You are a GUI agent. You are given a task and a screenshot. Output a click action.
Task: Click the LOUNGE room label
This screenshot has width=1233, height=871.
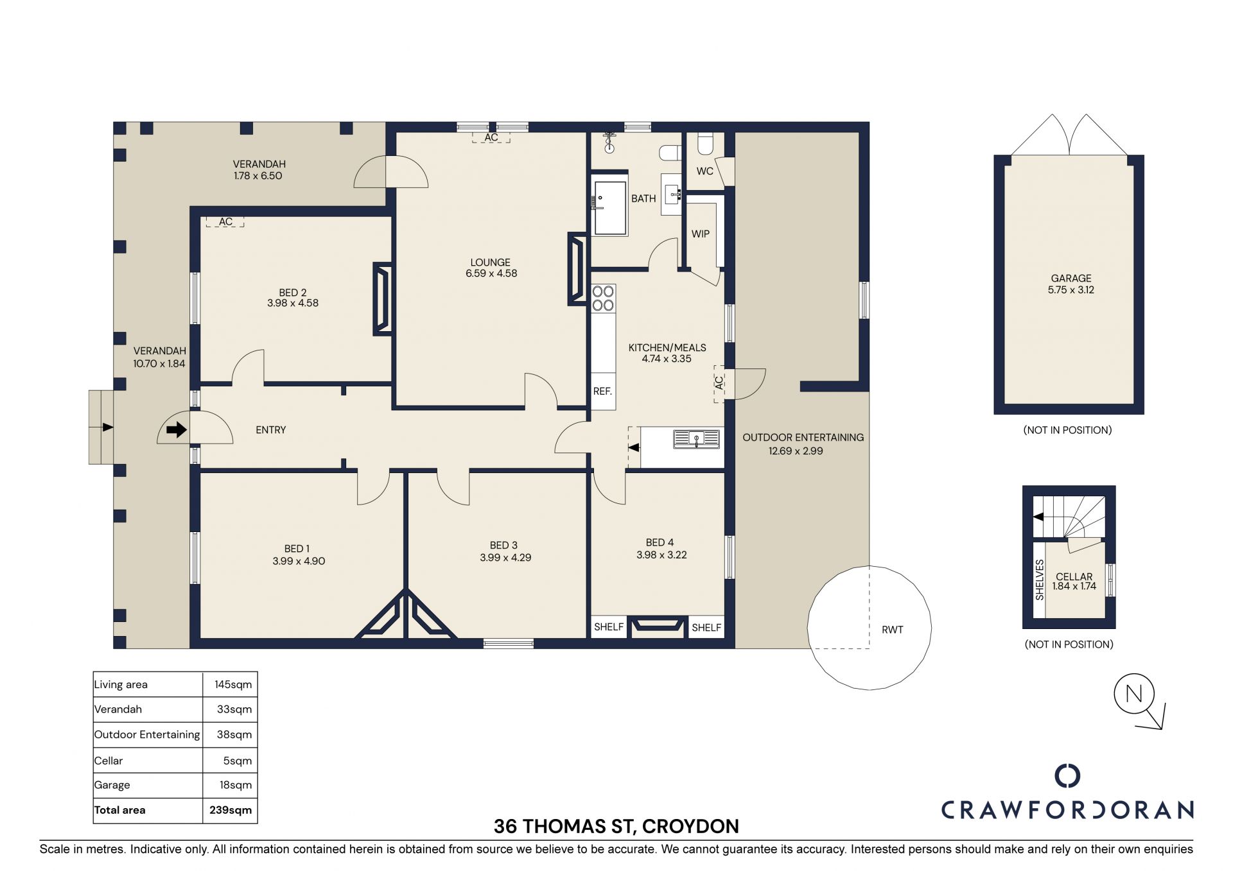490,263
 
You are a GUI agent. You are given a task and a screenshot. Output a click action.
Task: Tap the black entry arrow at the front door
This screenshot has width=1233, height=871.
177,429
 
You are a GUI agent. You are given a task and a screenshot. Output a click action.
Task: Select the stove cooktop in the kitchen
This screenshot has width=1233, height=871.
603,298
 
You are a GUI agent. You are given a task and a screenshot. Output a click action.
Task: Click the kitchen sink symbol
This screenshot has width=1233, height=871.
696,439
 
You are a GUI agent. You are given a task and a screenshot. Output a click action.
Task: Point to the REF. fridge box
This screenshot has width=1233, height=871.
603,391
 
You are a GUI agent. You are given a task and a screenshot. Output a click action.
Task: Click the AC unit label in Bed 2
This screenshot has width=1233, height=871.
225,222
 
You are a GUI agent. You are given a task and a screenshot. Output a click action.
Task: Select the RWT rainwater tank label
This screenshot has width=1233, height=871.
892,630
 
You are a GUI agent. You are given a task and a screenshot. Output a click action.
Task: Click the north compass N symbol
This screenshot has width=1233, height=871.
1134,693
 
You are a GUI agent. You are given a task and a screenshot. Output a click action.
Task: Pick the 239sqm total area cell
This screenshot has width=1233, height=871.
230,810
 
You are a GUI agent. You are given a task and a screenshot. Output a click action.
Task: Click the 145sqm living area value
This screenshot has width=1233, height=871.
233,684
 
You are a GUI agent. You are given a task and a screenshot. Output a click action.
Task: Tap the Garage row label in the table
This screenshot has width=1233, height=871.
112,785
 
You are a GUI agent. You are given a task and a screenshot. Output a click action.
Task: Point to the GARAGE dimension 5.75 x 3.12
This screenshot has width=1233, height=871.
1071,289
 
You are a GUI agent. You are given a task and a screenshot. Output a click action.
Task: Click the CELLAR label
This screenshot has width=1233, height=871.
1074,576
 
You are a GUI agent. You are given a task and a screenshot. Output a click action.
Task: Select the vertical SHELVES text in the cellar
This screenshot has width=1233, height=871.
1040,580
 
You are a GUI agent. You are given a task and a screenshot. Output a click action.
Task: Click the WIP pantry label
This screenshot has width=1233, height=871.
700,234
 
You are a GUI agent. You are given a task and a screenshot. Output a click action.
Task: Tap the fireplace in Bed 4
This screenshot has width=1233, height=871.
656,626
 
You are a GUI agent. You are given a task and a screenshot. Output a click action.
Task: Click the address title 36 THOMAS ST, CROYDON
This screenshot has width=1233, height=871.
616,826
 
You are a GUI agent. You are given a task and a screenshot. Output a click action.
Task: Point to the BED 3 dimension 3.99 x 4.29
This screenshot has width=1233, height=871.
505,558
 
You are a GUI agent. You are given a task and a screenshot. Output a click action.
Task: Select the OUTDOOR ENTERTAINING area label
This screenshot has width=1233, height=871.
803,437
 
